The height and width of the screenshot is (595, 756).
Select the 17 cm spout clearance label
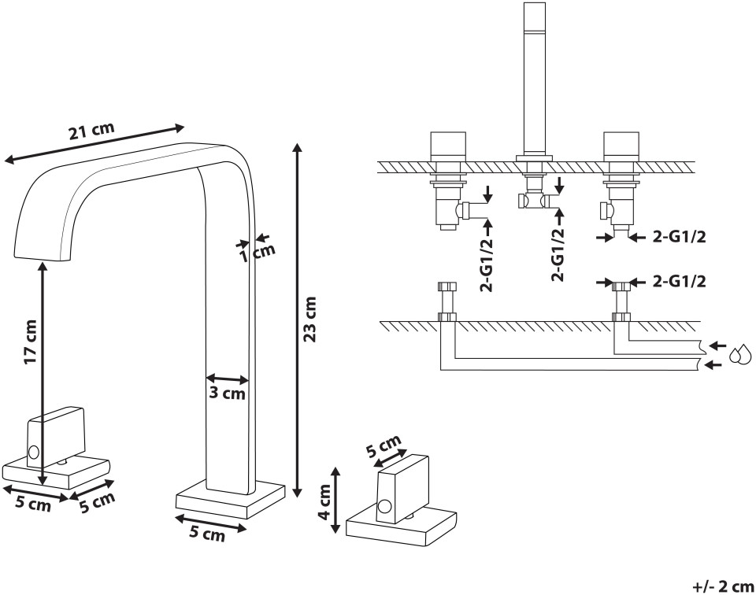[x=31, y=342]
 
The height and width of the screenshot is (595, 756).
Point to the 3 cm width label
[x=227, y=394]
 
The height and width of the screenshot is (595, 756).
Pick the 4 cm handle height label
[x=324, y=501]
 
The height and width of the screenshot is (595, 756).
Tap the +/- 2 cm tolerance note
[x=723, y=586]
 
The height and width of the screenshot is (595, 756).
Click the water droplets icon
[x=740, y=354]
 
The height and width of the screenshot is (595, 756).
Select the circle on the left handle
[x=34, y=452]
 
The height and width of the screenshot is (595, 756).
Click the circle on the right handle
[x=384, y=507]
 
